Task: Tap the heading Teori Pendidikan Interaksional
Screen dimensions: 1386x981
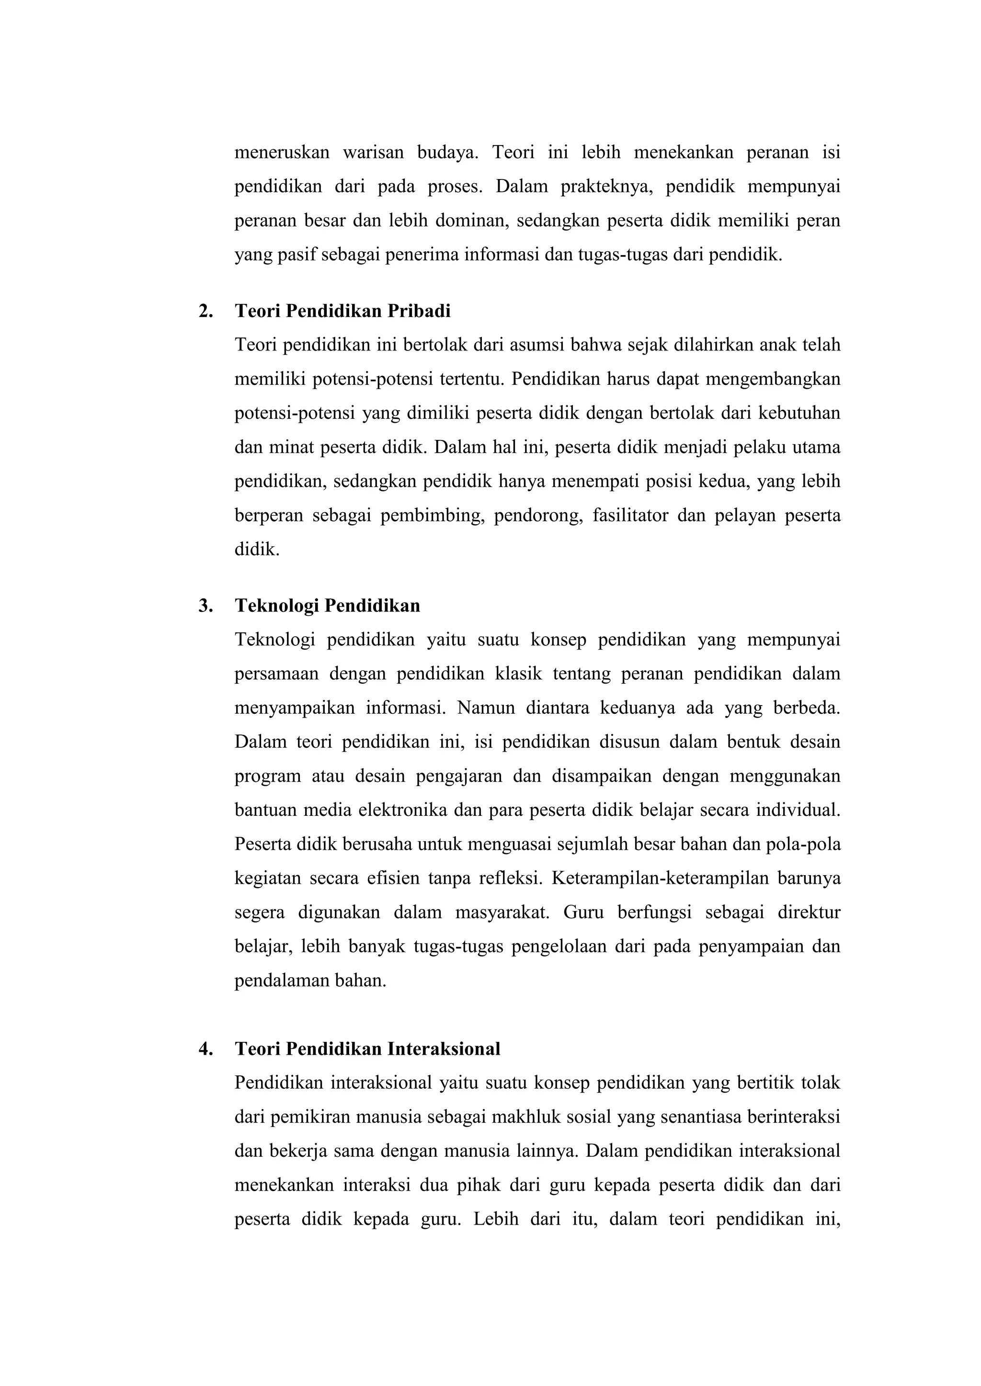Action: (x=367, y=1048)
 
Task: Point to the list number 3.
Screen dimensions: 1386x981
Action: (x=205, y=606)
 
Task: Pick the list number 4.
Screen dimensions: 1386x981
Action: (x=205, y=1048)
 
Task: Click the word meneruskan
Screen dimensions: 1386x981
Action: (x=282, y=152)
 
